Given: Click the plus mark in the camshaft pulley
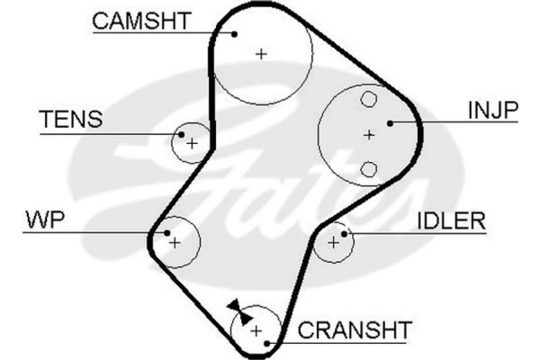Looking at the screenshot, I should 262,54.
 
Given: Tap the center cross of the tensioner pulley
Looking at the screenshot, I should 191,141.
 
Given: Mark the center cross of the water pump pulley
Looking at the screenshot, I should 175,242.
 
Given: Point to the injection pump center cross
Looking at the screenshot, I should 368,135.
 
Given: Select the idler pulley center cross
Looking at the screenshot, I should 334,241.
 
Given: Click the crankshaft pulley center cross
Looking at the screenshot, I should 256,330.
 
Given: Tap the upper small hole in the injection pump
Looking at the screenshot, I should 368,100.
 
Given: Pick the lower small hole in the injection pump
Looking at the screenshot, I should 368,168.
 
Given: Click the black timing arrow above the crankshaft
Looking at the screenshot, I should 236,308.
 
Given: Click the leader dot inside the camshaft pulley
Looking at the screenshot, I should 234,33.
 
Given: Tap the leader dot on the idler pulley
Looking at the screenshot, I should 346,233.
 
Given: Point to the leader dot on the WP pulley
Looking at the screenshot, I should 168,232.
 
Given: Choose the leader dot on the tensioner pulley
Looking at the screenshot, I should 179,134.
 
